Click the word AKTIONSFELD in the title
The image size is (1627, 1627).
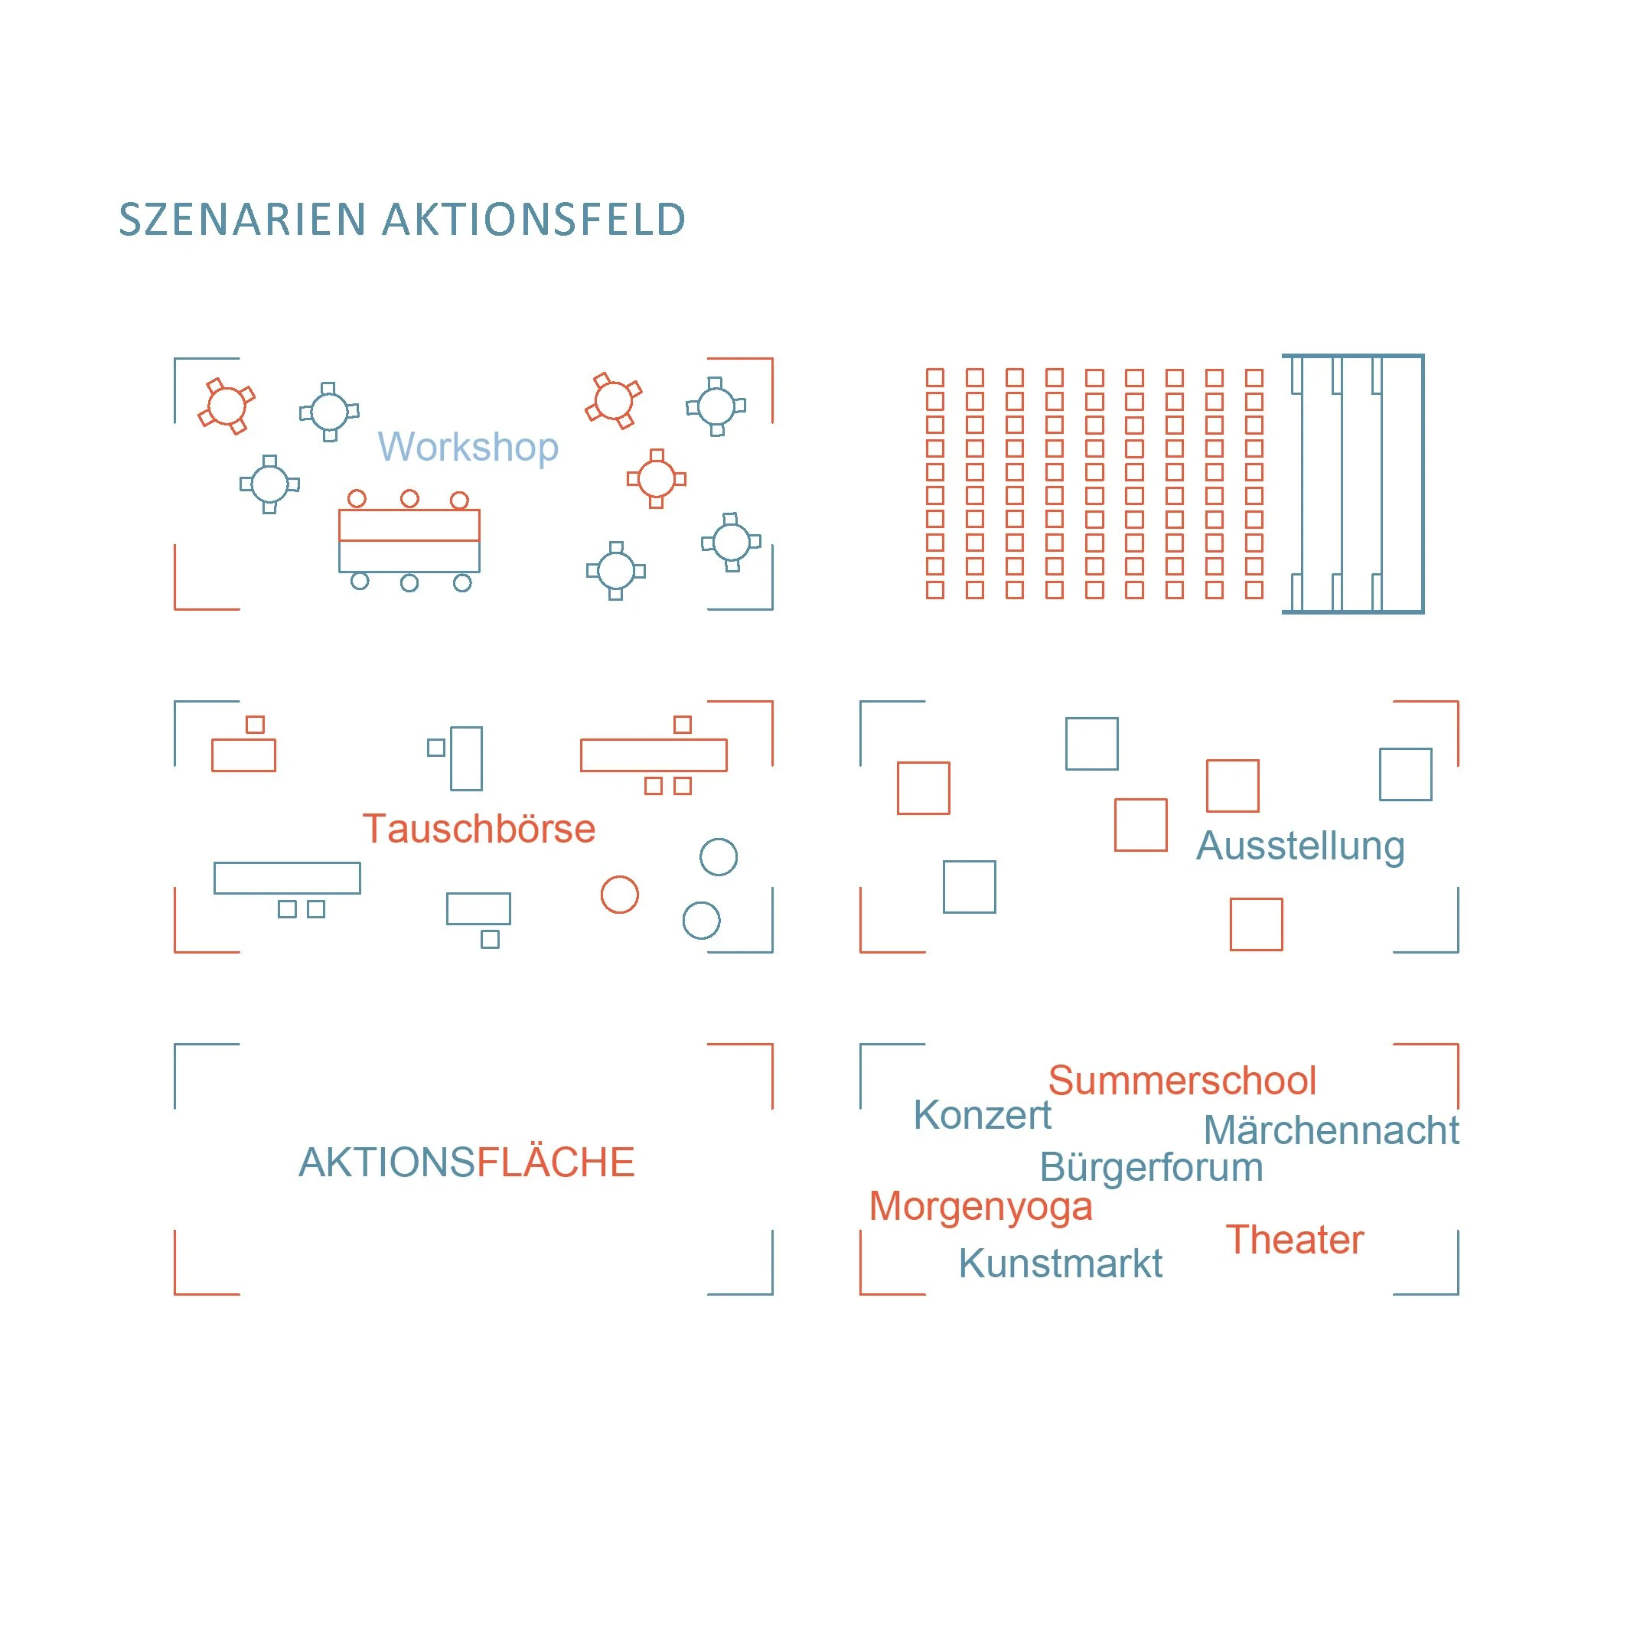(x=534, y=220)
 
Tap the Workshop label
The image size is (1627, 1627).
(x=468, y=446)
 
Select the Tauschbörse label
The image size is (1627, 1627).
(x=478, y=829)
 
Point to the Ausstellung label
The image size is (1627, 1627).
(x=1299, y=846)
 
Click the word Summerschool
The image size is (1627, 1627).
(x=1182, y=1081)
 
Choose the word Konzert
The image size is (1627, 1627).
(x=982, y=1115)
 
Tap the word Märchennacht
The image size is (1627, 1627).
(x=1331, y=1130)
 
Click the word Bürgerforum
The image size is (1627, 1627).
(x=1150, y=1167)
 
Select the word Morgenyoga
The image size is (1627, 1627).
(x=980, y=1207)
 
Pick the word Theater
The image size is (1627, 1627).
(x=1293, y=1240)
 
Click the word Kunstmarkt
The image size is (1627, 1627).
(x=1059, y=1263)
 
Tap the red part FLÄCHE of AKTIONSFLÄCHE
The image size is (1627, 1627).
(x=555, y=1162)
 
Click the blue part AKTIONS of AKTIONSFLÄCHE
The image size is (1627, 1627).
(x=387, y=1162)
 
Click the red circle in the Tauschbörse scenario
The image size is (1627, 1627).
(x=619, y=895)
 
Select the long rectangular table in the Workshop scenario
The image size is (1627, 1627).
(x=409, y=540)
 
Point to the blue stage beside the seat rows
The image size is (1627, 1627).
(x=1352, y=484)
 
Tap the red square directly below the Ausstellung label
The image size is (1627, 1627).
(x=1256, y=924)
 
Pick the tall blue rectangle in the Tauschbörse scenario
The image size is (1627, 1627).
(x=467, y=758)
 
